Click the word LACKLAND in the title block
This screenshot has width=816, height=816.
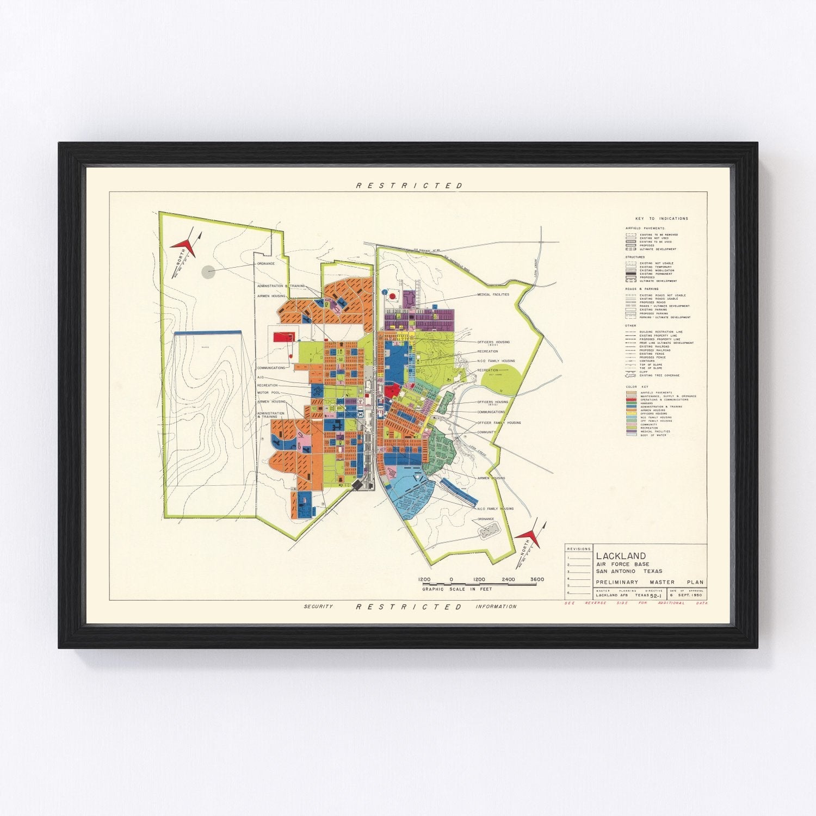pos(621,556)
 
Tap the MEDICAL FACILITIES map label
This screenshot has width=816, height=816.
pos(493,294)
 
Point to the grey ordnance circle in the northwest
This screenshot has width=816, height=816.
pos(208,272)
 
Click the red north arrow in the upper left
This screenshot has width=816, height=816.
pos(184,246)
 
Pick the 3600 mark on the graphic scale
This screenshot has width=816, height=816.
pos(536,579)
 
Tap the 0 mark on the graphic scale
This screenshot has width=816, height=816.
pos(450,579)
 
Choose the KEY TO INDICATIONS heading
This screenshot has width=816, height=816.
pos(662,219)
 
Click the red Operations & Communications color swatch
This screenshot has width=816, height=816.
pos(631,400)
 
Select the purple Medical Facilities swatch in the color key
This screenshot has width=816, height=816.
pos(631,431)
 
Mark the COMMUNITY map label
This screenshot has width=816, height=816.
pos(486,432)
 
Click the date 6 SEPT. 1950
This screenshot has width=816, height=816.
pos(688,595)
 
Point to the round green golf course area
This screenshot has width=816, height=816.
pos(502,379)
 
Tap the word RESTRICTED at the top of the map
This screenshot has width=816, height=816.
pos(409,186)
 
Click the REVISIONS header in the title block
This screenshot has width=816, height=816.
pos(578,549)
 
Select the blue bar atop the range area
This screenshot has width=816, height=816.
pos(207,332)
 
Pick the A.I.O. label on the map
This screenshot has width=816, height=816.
pos(261,377)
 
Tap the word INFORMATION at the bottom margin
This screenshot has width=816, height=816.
pos(496,607)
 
